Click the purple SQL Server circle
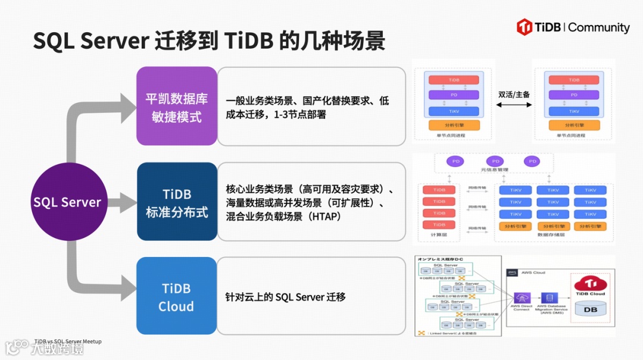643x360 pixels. [x=67, y=202]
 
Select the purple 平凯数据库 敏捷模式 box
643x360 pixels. [x=177, y=107]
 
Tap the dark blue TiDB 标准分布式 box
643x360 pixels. [x=177, y=202]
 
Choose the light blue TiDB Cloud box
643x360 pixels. [x=177, y=297]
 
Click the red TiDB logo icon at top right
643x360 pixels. [x=525, y=27]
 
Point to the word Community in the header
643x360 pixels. [x=598, y=27]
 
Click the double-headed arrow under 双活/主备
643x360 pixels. [x=514, y=105]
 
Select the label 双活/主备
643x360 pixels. [x=514, y=94]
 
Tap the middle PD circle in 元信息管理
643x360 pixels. [x=494, y=161]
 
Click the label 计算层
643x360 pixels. [x=439, y=235]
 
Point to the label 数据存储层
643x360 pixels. [x=551, y=235]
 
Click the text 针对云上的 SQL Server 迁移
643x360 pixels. [x=285, y=297]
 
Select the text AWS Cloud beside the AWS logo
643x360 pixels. [x=533, y=273]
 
